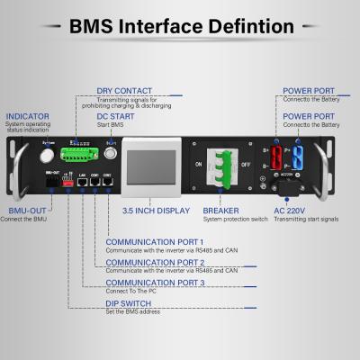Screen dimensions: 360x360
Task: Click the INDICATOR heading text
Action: pyautogui.click(x=27, y=117)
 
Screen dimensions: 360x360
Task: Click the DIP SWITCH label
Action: pyautogui.click(x=128, y=303)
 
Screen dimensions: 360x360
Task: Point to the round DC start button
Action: pyautogui.click(x=112, y=154)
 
